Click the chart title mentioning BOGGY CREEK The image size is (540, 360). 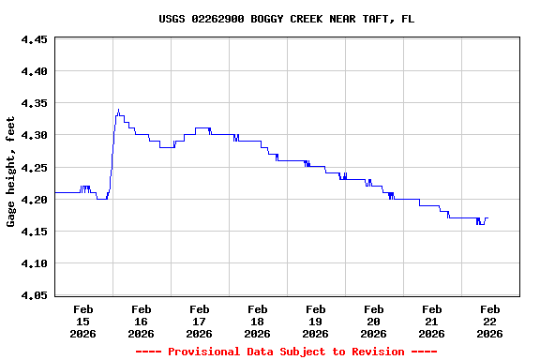(x=286, y=19)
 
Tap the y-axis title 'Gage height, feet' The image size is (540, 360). (x=11, y=172)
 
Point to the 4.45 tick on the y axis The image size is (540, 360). (x=34, y=39)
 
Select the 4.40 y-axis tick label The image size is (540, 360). (x=34, y=71)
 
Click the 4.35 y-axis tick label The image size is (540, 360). (x=34, y=103)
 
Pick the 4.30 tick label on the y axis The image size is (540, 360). (x=34, y=135)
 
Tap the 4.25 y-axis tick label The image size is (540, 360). (x=34, y=168)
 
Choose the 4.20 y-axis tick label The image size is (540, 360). (x=34, y=200)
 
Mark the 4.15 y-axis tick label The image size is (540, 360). (x=34, y=232)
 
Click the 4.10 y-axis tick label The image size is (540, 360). (x=34, y=263)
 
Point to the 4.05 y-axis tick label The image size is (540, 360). (x=34, y=295)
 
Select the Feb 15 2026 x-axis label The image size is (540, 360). (x=83, y=321)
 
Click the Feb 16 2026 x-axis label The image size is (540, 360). (x=142, y=321)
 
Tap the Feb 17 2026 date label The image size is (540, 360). (x=200, y=321)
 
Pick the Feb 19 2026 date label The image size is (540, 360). (x=316, y=321)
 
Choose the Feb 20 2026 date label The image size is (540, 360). (x=374, y=321)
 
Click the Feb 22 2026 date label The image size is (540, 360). (x=490, y=321)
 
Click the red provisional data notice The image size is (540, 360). (x=286, y=352)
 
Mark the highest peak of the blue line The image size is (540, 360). (x=118, y=110)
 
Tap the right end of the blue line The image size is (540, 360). (x=487, y=218)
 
